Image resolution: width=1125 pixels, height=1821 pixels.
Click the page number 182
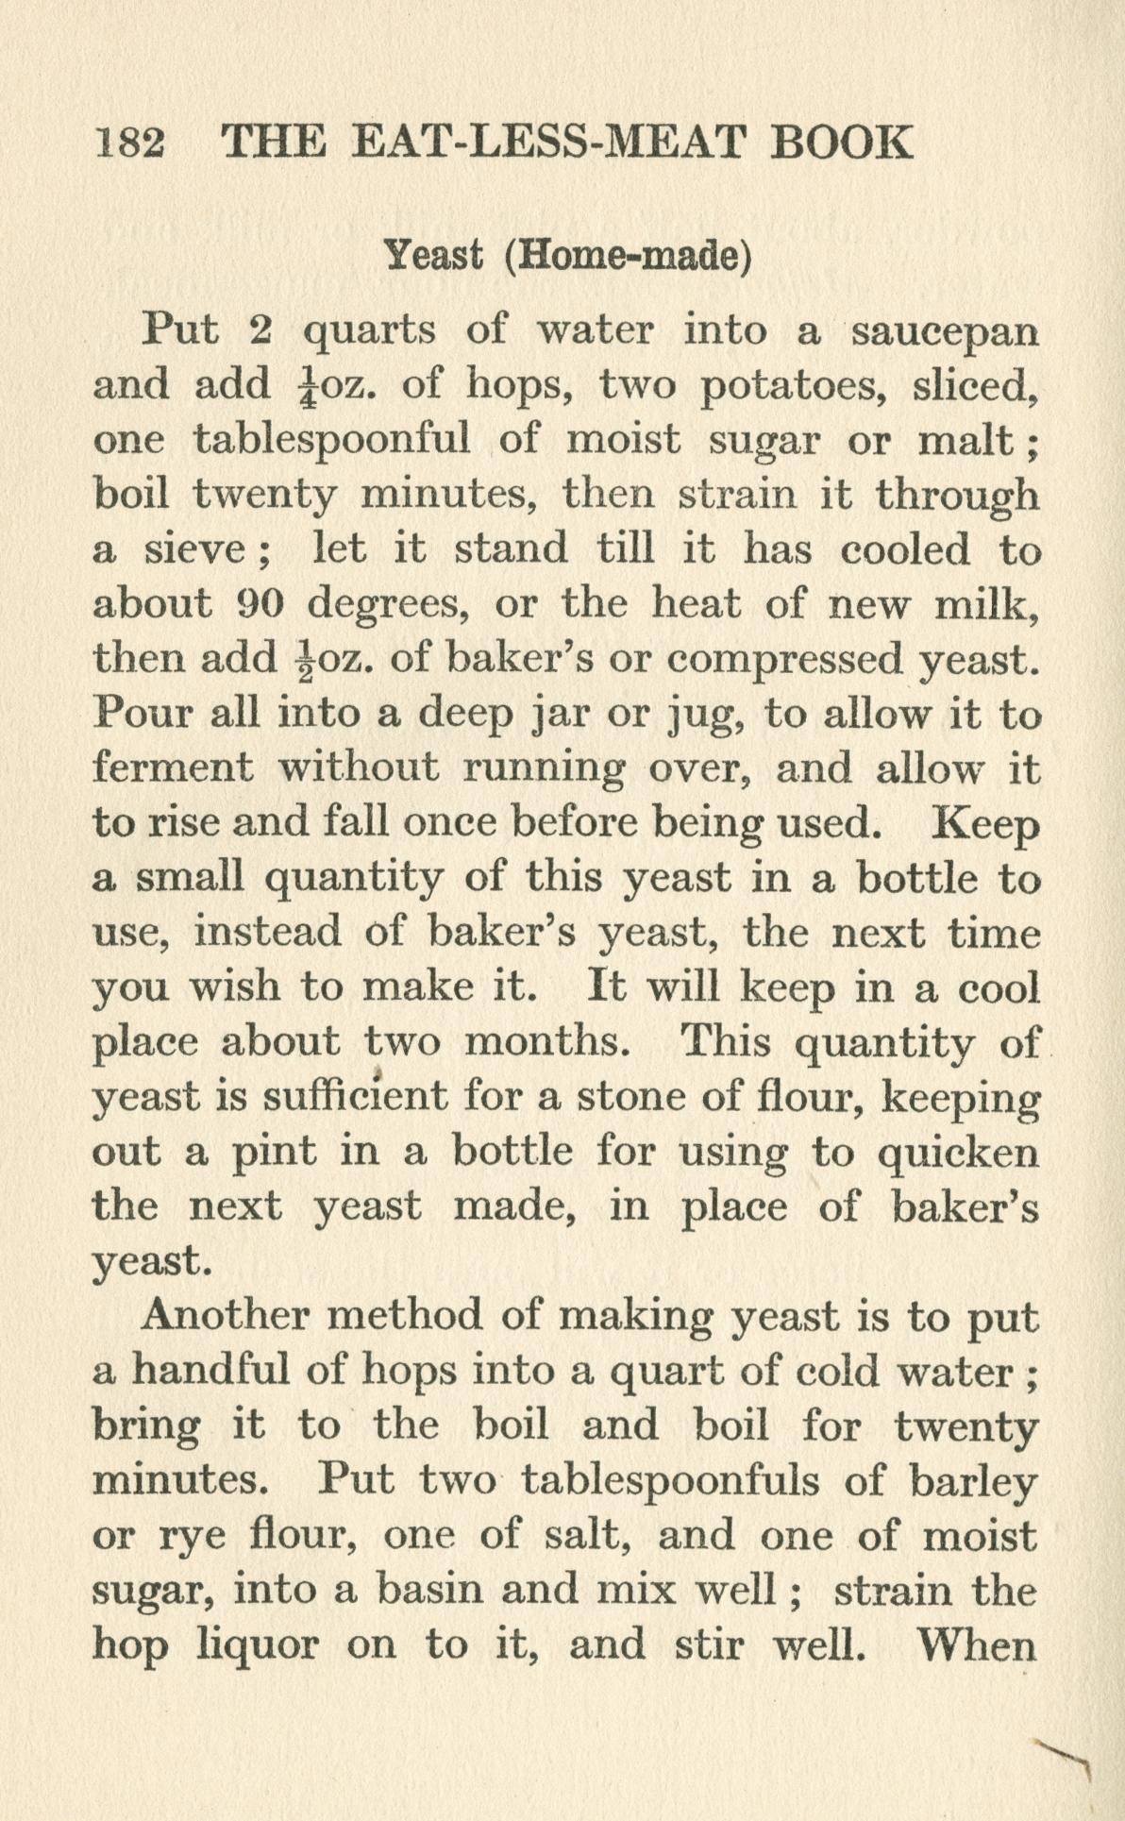(131, 143)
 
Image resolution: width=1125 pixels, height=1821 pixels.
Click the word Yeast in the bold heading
(436, 255)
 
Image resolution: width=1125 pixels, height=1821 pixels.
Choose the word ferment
(173, 768)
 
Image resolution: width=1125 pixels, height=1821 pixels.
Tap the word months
(547, 1042)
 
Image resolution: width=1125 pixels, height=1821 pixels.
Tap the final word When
(976, 1644)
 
